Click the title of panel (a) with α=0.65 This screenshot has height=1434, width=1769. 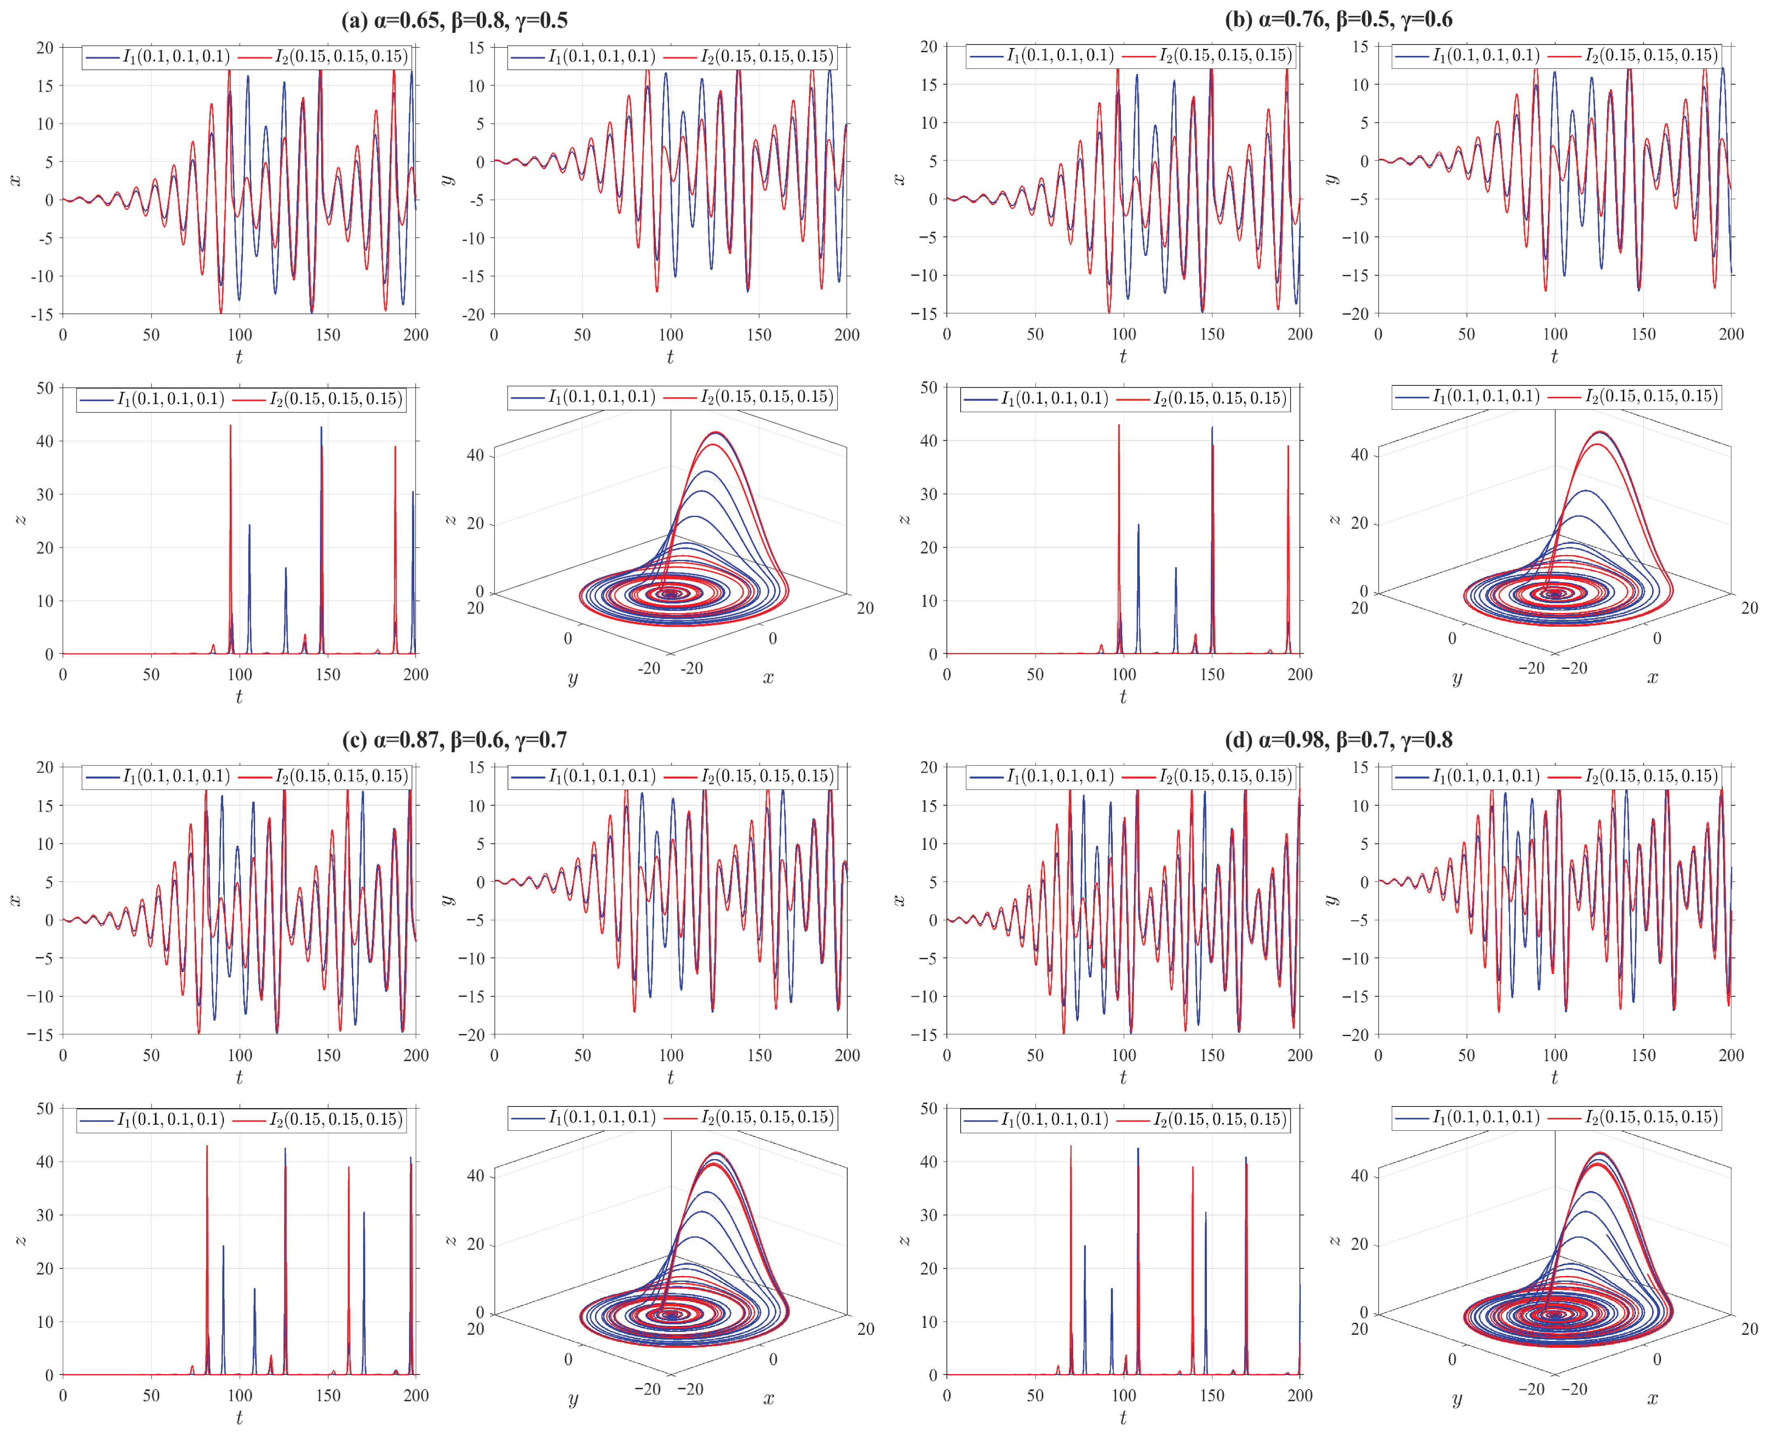[x=454, y=20]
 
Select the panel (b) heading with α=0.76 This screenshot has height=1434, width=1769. [x=1338, y=20]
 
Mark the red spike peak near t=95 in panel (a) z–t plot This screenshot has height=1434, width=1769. [x=230, y=426]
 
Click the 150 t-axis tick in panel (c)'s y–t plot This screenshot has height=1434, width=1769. [x=759, y=1055]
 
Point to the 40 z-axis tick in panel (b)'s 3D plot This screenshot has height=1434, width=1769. [x=1359, y=454]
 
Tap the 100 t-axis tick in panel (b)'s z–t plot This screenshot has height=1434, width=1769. [x=1123, y=674]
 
